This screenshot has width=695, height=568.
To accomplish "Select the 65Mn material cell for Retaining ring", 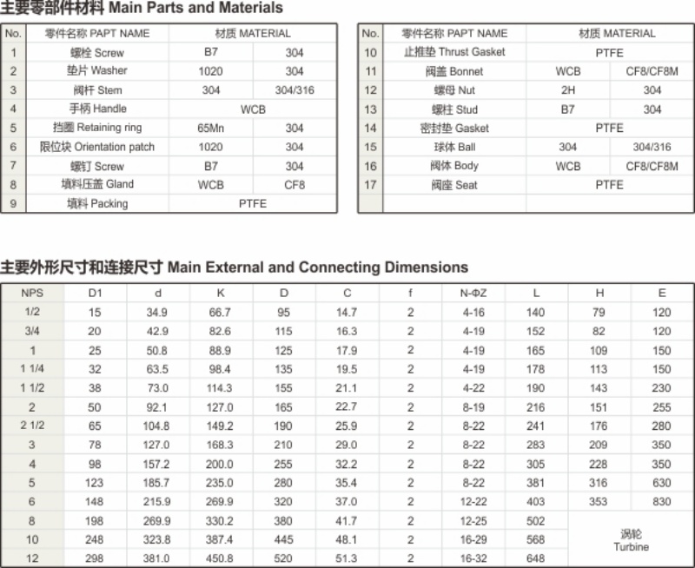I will pyautogui.click(x=210, y=128).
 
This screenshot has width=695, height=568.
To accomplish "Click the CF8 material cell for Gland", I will pyautogui.click(x=295, y=185).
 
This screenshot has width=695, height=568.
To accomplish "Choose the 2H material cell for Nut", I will pyautogui.click(x=568, y=90).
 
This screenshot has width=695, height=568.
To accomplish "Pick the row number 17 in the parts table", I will pyautogui.click(x=370, y=185).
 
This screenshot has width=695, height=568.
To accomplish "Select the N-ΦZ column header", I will pyautogui.click(x=473, y=294).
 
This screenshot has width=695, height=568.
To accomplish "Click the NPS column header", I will pyautogui.click(x=32, y=294).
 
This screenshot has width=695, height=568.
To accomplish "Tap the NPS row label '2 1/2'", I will pyautogui.click(x=32, y=426).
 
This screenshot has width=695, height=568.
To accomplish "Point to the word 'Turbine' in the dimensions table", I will pyautogui.click(x=631, y=547).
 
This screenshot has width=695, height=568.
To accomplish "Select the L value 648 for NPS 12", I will pyautogui.click(x=535, y=559).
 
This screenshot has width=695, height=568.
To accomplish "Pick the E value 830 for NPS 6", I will pyautogui.click(x=662, y=502).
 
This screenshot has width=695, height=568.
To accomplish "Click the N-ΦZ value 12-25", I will pyautogui.click(x=473, y=521).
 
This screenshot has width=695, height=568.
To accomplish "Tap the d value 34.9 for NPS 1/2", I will pyautogui.click(x=157, y=313).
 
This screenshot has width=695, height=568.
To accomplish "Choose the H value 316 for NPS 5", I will pyautogui.click(x=599, y=483).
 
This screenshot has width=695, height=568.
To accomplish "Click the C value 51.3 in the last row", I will pyautogui.click(x=347, y=559).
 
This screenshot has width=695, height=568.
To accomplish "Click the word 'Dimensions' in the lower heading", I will pyautogui.click(x=420, y=267).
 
